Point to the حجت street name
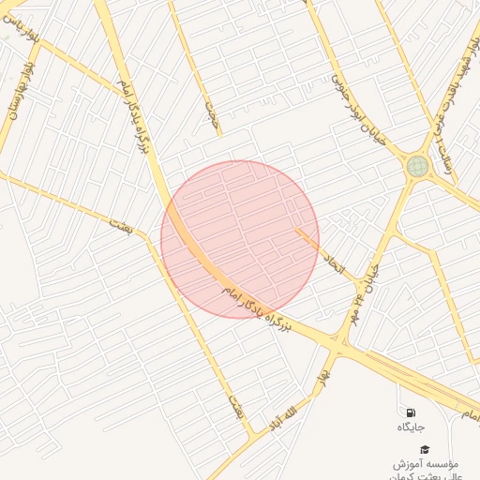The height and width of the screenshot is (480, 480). (211, 112)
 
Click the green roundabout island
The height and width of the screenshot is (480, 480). (417, 167)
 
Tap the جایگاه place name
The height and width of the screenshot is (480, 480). (411, 427)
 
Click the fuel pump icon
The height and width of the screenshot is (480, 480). (411, 412)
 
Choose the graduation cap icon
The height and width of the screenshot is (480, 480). (424, 450)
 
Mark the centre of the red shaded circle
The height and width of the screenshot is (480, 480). (240, 239)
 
